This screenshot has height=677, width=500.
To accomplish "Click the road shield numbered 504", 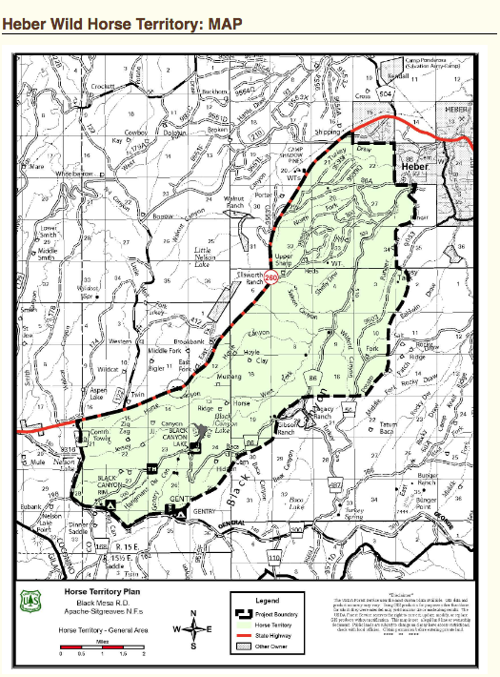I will (x=385, y=95).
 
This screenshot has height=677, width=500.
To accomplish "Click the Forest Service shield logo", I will (x=30, y=599).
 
